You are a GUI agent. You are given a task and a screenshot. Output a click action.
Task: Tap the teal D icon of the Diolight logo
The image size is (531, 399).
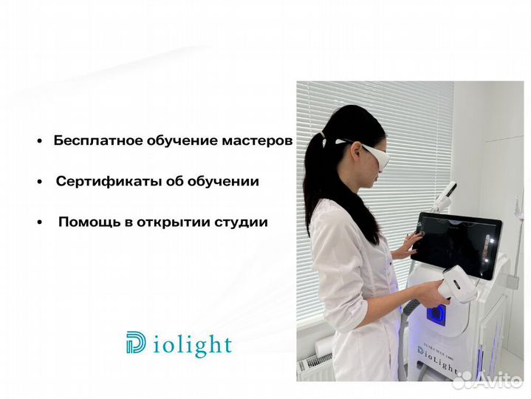pyautogui.click(x=137, y=343)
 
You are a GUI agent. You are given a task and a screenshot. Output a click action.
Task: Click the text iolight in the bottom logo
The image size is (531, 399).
pyautogui.click(x=194, y=345)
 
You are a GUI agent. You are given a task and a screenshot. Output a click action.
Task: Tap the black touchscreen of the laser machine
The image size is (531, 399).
pyautogui.click(x=458, y=243)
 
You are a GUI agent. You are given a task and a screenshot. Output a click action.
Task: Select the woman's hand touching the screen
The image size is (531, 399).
pyautogui.click(x=408, y=245)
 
